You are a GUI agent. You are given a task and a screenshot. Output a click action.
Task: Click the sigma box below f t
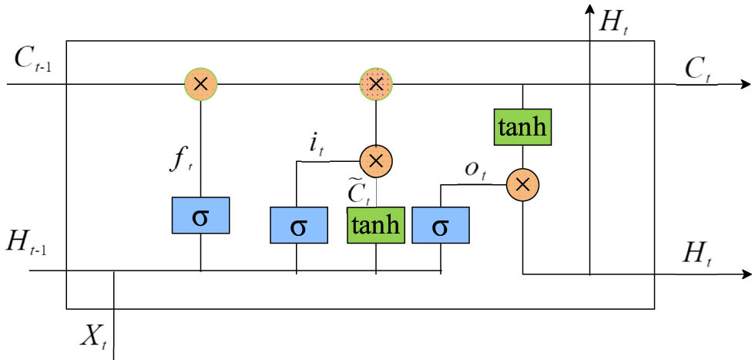[x=200, y=215]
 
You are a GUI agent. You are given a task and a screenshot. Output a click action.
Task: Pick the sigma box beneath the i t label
[x=297, y=226]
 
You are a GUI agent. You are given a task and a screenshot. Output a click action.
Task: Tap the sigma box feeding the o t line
[x=440, y=226]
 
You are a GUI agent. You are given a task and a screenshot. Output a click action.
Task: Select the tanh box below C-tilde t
[x=376, y=226]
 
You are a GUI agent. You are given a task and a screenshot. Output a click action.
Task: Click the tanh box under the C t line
[x=523, y=126]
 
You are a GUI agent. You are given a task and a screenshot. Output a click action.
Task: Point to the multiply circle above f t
[x=200, y=83]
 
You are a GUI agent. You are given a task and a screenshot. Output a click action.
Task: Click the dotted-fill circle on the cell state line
[x=376, y=83]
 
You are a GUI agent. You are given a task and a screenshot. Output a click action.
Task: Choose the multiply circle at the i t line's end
[x=376, y=160]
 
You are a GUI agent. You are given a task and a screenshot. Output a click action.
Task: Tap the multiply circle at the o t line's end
[x=522, y=184]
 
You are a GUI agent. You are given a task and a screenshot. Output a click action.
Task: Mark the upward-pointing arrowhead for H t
[x=590, y=9]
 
